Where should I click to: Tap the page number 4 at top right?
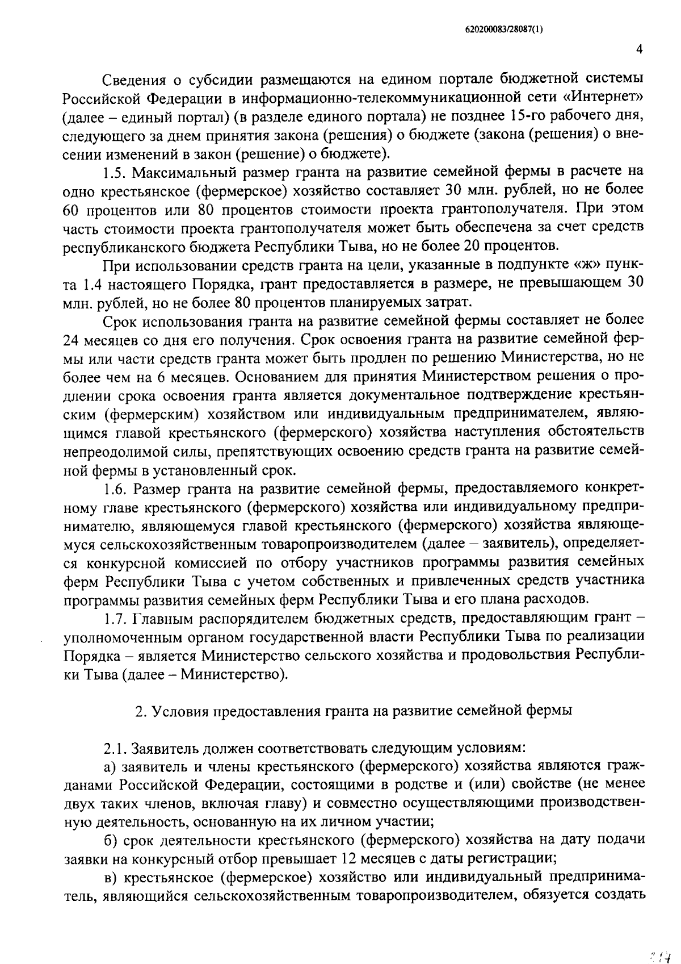tap(639, 50)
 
